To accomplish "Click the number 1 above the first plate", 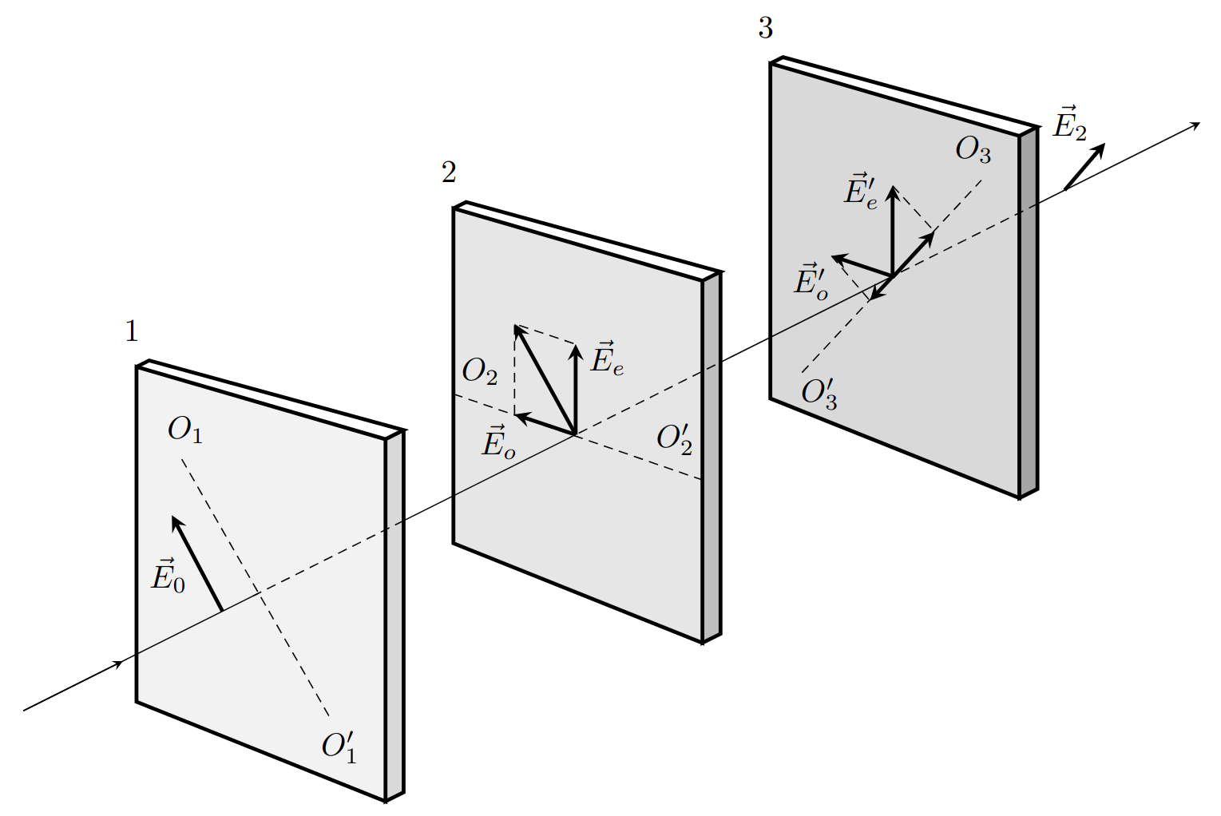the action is pyautogui.click(x=132, y=331).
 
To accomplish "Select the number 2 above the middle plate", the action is pyautogui.click(x=449, y=172).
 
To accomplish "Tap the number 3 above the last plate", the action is pyautogui.click(x=765, y=28).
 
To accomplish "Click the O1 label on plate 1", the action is pyautogui.click(x=185, y=430).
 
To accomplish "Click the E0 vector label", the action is pyautogui.click(x=168, y=575).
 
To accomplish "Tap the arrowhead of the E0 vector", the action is pyautogui.click(x=176, y=522).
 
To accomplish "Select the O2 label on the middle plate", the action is pyautogui.click(x=480, y=372).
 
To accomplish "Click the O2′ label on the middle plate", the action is pyautogui.click(x=674, y=439).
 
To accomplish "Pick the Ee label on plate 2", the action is pyautogui.click(x=607, y=358).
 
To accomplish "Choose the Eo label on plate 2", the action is pyautogui.click(x=498, y=442).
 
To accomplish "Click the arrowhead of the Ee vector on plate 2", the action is pyautogui.click(x=574, y=351).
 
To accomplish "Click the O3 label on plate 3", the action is pyautogui.click(x=973, y=150).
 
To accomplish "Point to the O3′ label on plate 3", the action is pyautogui.click(x=819, y=393).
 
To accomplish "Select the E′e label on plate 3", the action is pyautogui.click(x=861, y=192).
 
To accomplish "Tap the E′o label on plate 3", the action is pyautogui.click(x=811, y=282).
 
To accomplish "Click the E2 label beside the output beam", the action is pyautogui.click(x=1069, y=123).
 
